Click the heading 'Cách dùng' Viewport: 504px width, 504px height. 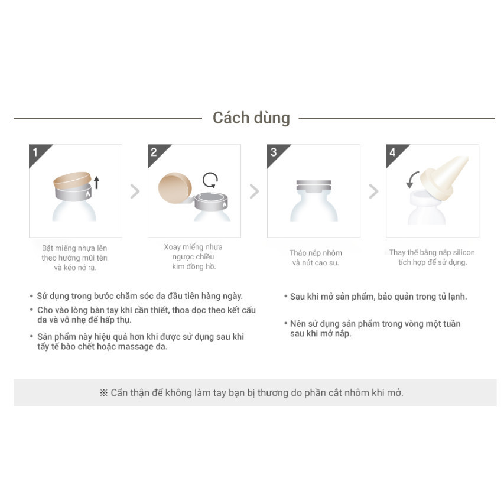[251, 118]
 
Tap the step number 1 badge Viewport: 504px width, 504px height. [35, 152]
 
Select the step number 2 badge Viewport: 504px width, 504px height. [154, 152]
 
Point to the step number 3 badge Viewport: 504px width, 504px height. [273, 152]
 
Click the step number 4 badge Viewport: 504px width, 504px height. [392, 152]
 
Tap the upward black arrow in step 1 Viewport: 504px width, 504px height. [97, 182]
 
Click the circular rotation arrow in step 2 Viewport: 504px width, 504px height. [210, 180]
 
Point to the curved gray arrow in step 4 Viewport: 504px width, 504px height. [412, 178]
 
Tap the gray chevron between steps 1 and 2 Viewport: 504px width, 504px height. [135, 191]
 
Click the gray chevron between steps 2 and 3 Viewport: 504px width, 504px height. [254, 191]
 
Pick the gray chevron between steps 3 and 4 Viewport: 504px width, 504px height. [373, 191]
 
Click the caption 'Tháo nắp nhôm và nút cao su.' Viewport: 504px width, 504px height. [316, 258]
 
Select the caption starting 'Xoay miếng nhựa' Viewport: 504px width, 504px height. [193, 256]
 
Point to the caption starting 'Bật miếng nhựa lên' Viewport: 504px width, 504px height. [74, 258]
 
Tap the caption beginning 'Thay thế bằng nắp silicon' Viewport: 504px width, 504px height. [432, 257]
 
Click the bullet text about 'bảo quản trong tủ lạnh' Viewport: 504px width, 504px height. [378, 296]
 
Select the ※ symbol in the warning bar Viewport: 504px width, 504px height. [104, 393]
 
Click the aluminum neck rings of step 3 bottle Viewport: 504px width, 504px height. [313, 186]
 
